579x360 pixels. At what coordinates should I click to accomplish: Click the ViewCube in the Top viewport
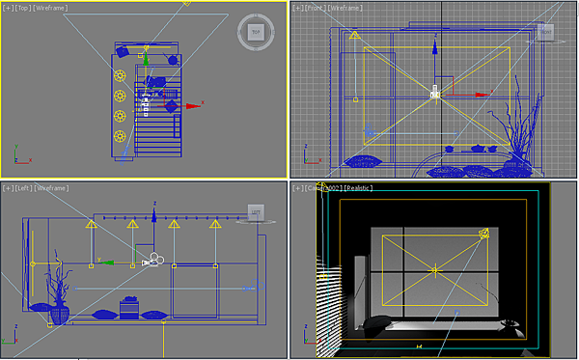click(x=256, y=32)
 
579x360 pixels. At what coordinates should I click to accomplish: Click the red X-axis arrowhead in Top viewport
click(x=199, y=105)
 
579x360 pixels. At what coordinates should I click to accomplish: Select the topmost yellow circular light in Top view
click(x=121, y=75)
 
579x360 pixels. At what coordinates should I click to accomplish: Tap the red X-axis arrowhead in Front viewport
click(x=489, y=96)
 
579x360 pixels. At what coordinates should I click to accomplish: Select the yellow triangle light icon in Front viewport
click(x=353, y=37)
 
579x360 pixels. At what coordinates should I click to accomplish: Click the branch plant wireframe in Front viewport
click(x=521, y=130)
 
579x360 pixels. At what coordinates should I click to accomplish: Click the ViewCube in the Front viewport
click(x=545, y=32)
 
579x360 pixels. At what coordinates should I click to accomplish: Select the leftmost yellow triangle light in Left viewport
click(x=91, y=224)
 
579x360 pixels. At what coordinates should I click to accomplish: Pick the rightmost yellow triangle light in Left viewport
click(x=214, y=224)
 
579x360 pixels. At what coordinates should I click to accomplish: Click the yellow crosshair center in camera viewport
click(x=434, y=269)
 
